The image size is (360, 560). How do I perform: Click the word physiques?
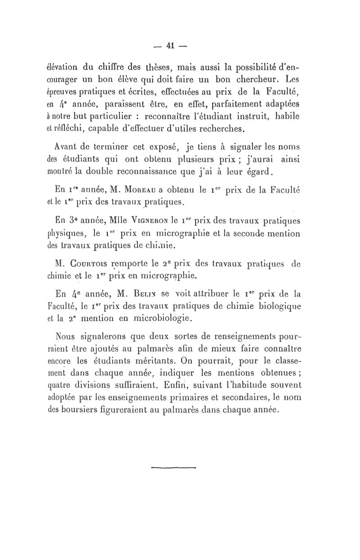click(x=76, y=234)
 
